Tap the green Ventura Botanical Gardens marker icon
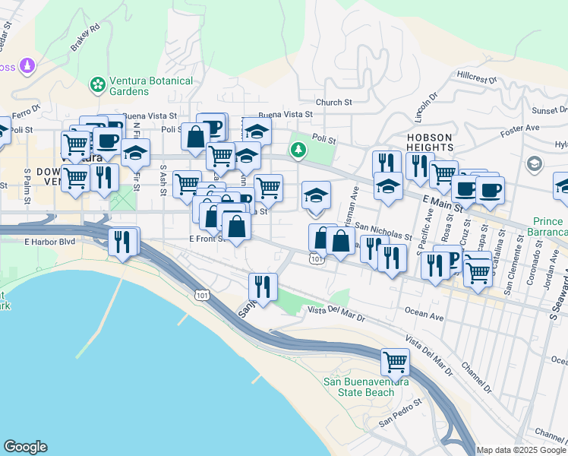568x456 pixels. pos(97,84)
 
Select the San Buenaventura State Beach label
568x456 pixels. pos(359,387)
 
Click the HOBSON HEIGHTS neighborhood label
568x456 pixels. pos(430,143)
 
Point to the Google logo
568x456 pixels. pos(25,447)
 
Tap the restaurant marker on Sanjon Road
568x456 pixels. pos(262,287)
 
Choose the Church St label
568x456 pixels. pos(334,102)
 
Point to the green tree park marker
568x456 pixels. pos(298,150)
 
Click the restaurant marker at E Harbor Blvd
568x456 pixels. pos(123,242)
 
